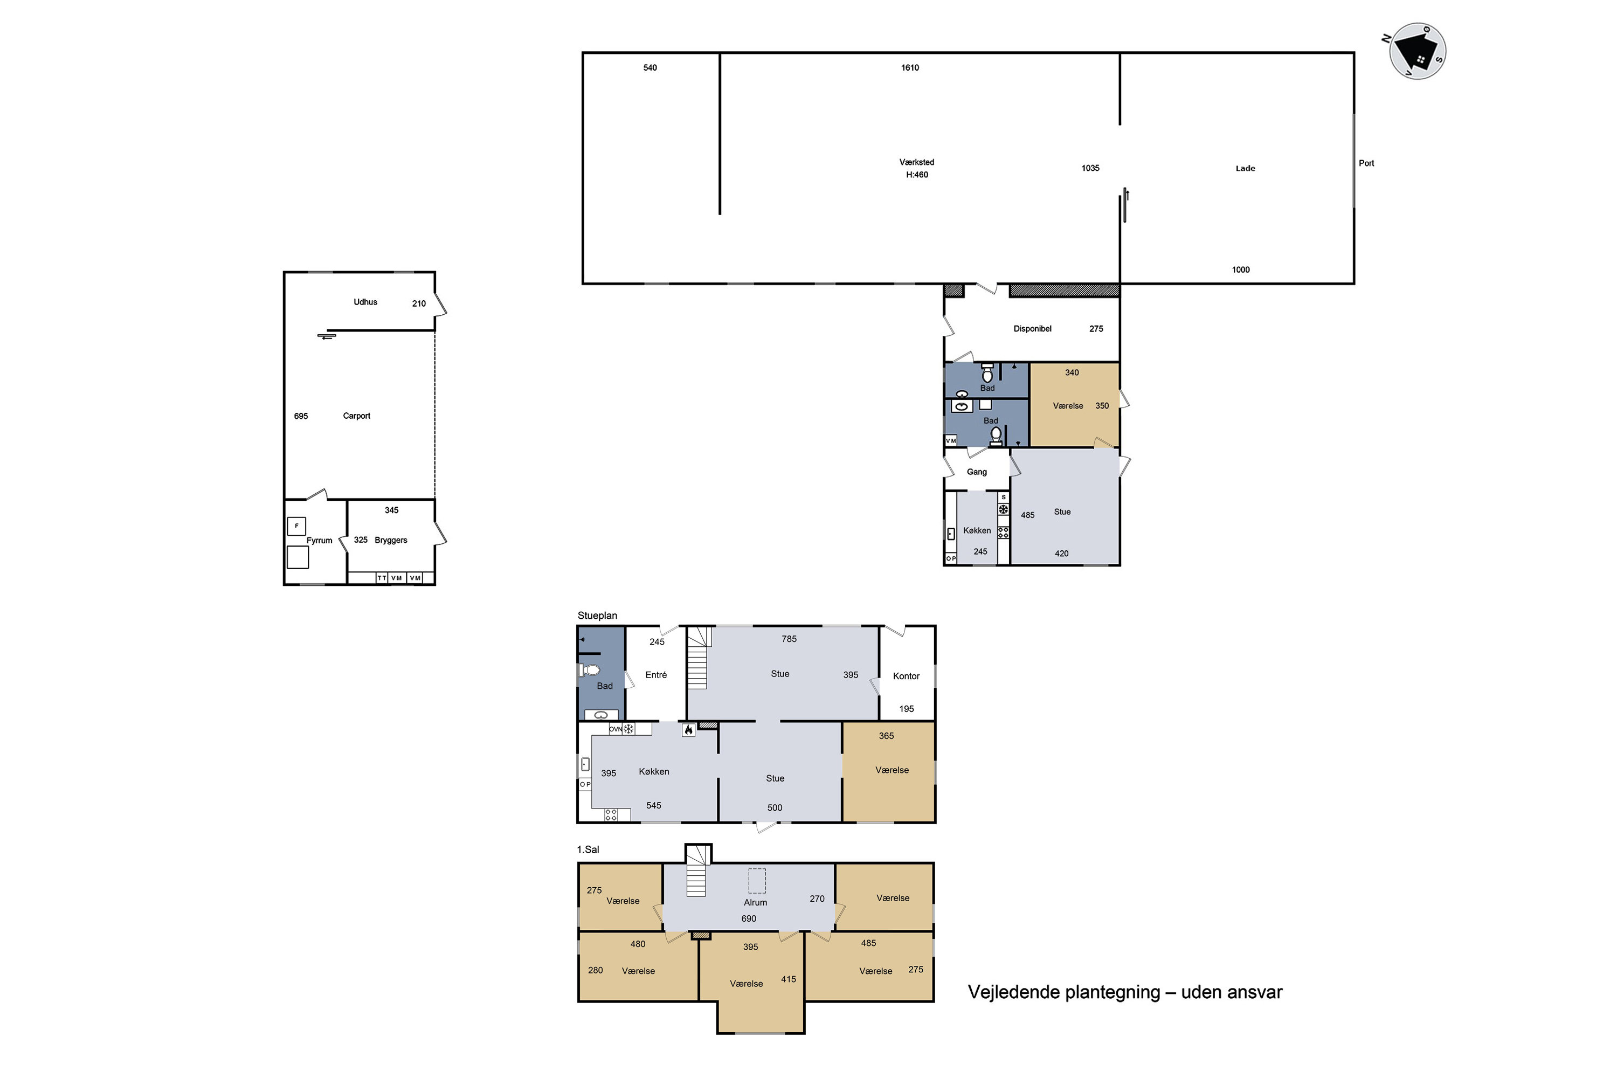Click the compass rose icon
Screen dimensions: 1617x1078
coord(1417,51)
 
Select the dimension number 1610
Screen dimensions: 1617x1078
coord(910,67)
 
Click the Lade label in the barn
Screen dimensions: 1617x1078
coord(1245,168)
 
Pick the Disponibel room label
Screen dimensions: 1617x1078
coord(1032,329)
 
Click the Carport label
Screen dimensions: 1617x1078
coord(356,416)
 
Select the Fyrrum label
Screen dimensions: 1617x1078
coord(319,541)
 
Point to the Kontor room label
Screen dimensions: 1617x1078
coord(906,676)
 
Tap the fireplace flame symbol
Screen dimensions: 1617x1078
coord(688,729)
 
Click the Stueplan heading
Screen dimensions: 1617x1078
coord(597,616)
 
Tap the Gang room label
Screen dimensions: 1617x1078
coord(976,472)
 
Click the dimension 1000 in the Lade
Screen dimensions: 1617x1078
coord(1240,269)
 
